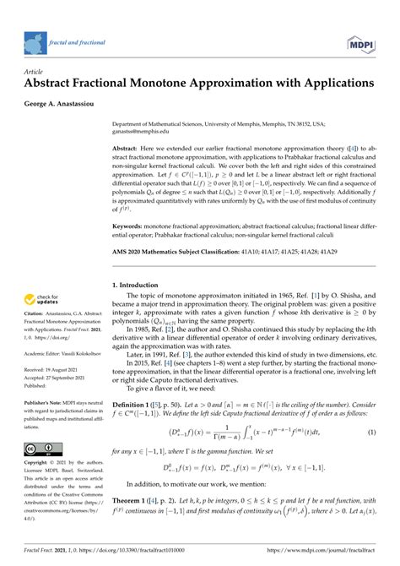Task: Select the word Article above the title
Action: coord(35,73)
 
